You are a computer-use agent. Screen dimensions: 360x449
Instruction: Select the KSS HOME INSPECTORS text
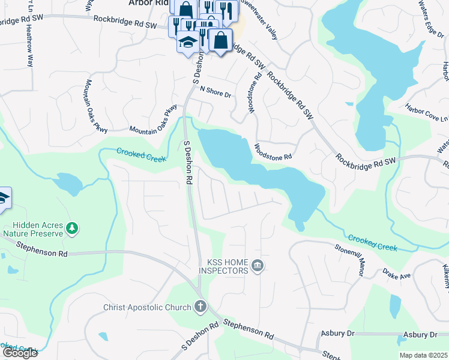[228, 267]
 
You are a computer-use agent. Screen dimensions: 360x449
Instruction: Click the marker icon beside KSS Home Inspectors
[258, 266]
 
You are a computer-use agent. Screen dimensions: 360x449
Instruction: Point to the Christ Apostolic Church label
[146, 308]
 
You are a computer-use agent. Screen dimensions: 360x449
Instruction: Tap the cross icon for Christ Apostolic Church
[200, 307]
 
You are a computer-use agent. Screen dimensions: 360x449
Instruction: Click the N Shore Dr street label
[215, 91]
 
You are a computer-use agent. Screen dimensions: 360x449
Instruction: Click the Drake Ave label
[397, 274]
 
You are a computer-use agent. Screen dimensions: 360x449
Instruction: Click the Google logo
[20, 353]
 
